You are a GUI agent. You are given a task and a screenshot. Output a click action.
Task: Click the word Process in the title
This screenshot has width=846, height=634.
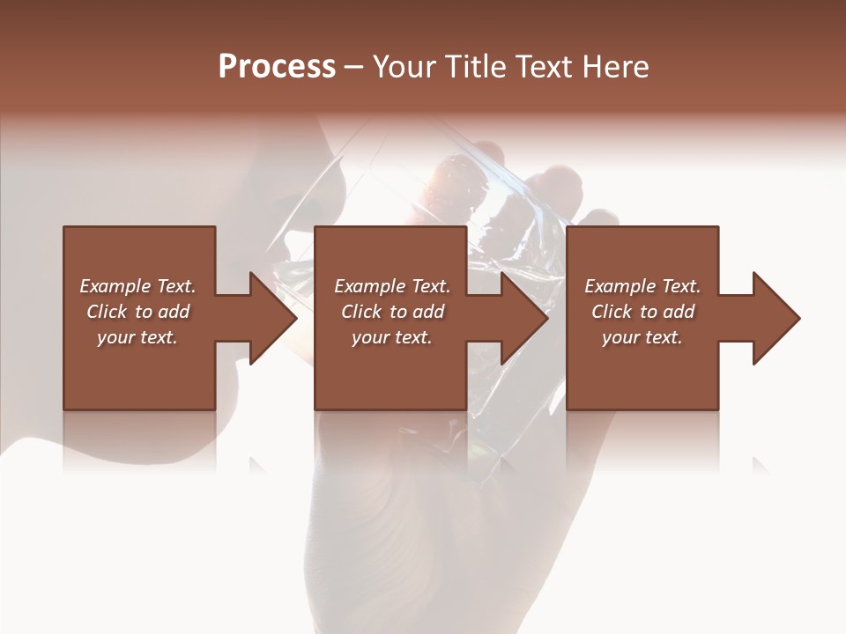277,67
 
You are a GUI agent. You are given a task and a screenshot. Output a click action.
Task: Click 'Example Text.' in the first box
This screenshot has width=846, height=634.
137,286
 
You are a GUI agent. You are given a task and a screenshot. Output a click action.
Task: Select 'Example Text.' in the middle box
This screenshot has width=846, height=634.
392,286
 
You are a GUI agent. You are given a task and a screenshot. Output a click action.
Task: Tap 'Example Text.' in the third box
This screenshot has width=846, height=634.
642,286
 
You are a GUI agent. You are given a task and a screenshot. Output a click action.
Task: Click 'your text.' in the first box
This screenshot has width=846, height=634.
137,337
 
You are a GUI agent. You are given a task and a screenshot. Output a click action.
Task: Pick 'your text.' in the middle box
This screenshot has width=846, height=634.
392,337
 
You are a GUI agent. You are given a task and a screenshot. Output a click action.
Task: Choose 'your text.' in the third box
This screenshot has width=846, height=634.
642,337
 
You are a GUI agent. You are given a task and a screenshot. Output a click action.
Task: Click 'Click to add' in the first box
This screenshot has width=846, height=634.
137,312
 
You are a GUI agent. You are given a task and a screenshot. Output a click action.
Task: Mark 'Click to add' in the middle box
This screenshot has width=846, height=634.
392,312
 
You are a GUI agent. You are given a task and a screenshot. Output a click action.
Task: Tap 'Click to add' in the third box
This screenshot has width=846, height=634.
642,312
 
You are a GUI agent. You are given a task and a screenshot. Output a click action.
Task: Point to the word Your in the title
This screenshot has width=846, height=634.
404,67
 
